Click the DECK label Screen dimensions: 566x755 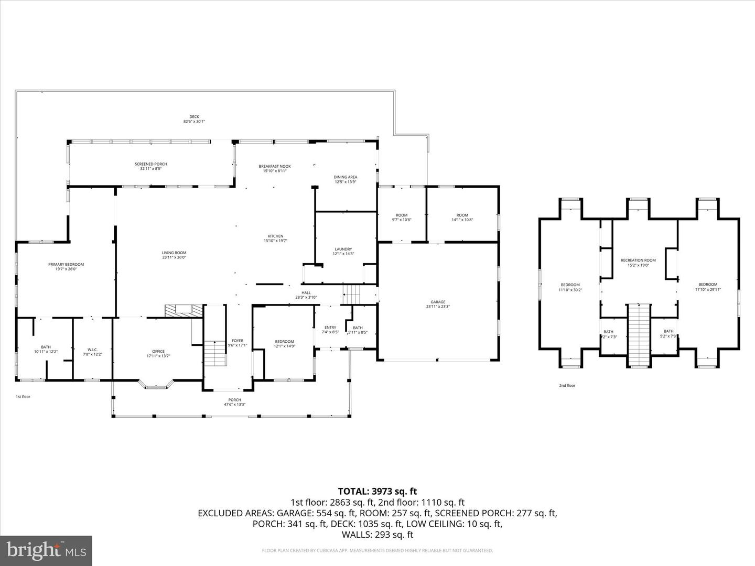(194, 117)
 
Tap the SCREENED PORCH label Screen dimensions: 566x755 (151, 164)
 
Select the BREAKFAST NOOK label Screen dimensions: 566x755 (275, 166)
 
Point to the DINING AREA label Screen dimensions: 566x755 (345, 177)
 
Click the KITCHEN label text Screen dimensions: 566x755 (276, 236)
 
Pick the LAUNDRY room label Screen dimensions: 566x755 (343, 249)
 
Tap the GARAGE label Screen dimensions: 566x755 (438, 302)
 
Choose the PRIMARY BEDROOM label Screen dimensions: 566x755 (66, 264)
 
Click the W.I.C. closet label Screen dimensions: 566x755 (92, 350)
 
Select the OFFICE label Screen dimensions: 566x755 (158, 351)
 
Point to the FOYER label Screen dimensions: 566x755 (238, 341)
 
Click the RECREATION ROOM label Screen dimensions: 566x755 (638, 260)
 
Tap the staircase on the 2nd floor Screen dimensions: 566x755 (639, 335)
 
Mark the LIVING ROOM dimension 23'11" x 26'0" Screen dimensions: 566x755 (174, 257)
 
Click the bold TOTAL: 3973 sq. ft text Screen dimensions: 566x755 (377, 491)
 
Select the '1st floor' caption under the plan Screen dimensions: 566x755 (23, 397)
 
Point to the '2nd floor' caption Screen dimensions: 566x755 (567, 386)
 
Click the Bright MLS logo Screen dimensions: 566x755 (46, 550)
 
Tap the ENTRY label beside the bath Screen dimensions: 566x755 (330, 328)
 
